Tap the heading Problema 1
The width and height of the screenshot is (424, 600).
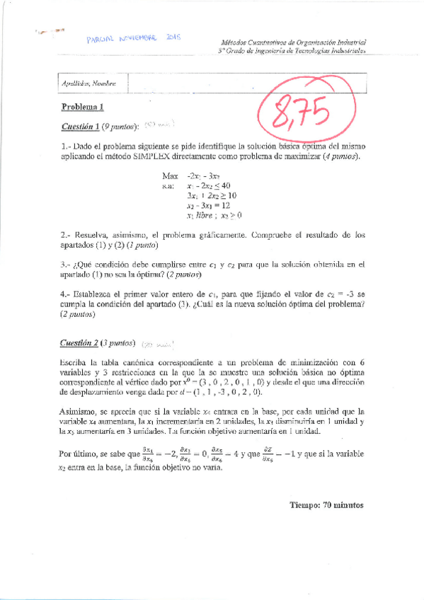point(83,108)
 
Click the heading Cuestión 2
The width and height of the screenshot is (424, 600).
point(80,343)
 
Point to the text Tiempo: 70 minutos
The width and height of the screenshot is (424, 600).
point(326,505)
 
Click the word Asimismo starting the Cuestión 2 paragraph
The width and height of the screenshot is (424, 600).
point(80,411)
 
